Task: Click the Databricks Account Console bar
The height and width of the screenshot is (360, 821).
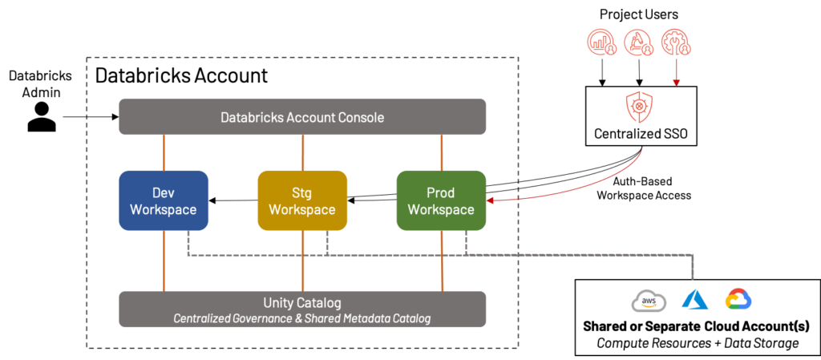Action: click(302, 117)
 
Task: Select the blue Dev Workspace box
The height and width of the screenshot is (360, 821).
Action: click(164, 201)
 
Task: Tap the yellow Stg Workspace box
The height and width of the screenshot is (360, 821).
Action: click(302, 201)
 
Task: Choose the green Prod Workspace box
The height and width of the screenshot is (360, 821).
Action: click(441, 201)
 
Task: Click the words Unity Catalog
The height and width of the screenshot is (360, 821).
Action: click(302, 303)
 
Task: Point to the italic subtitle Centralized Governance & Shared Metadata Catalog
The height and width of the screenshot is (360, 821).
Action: click(302, 318)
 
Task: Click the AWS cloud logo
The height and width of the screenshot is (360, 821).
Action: click(649, 301)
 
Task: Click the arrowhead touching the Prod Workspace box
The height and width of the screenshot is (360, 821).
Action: click(491, 201)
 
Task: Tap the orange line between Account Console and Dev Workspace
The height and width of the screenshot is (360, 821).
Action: click(164, 152)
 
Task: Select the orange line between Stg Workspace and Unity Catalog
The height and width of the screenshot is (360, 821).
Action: click(302, 261)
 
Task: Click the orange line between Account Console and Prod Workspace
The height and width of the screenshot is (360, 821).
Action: click(442, 152)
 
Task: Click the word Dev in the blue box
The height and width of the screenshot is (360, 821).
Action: click(164, 192)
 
